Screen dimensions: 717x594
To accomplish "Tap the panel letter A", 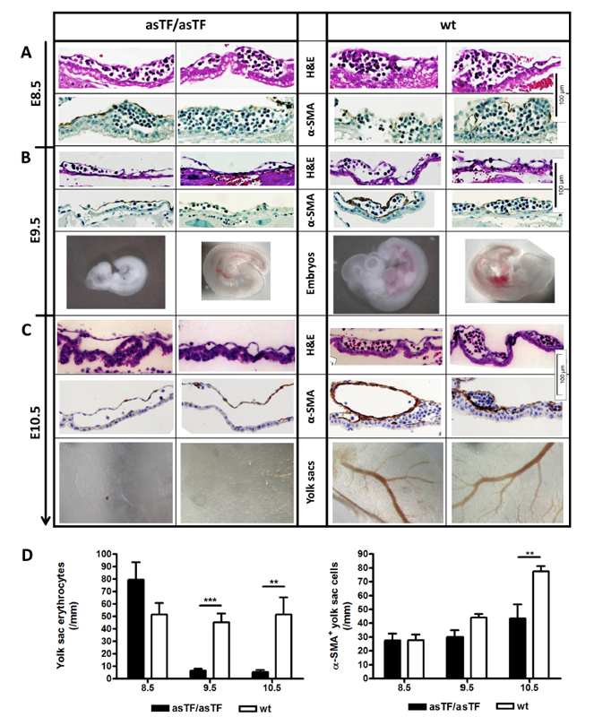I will (28, 52).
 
